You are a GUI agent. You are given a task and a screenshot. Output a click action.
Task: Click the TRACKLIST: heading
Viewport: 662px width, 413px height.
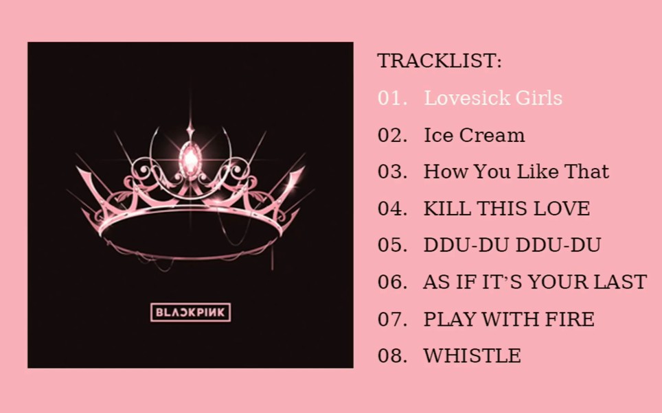440,61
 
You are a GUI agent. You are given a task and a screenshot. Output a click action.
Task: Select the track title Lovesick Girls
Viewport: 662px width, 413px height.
493,98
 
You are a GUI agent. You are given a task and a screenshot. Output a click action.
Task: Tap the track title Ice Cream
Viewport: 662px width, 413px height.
474,135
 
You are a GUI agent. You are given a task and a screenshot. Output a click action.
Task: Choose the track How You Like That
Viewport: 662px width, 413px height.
516,172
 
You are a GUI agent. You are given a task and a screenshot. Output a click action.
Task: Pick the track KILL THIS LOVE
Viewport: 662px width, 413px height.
507,209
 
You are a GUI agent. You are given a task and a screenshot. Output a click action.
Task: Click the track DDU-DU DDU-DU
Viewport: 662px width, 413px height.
512,245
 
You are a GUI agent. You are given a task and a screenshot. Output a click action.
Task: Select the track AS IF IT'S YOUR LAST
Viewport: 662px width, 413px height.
535,282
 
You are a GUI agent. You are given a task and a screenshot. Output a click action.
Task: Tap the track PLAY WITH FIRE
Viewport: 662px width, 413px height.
509,319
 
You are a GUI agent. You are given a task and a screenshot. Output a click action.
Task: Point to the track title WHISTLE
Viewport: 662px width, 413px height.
472,355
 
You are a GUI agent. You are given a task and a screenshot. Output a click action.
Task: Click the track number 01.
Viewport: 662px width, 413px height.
392,98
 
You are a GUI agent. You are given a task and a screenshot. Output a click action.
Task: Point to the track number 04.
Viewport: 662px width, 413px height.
392,209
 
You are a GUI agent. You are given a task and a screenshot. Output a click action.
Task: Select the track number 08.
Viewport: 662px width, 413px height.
392,355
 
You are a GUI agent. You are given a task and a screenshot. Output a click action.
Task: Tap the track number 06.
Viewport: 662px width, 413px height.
392,282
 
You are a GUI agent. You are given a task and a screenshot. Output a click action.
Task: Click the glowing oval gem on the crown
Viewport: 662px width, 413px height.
191,158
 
